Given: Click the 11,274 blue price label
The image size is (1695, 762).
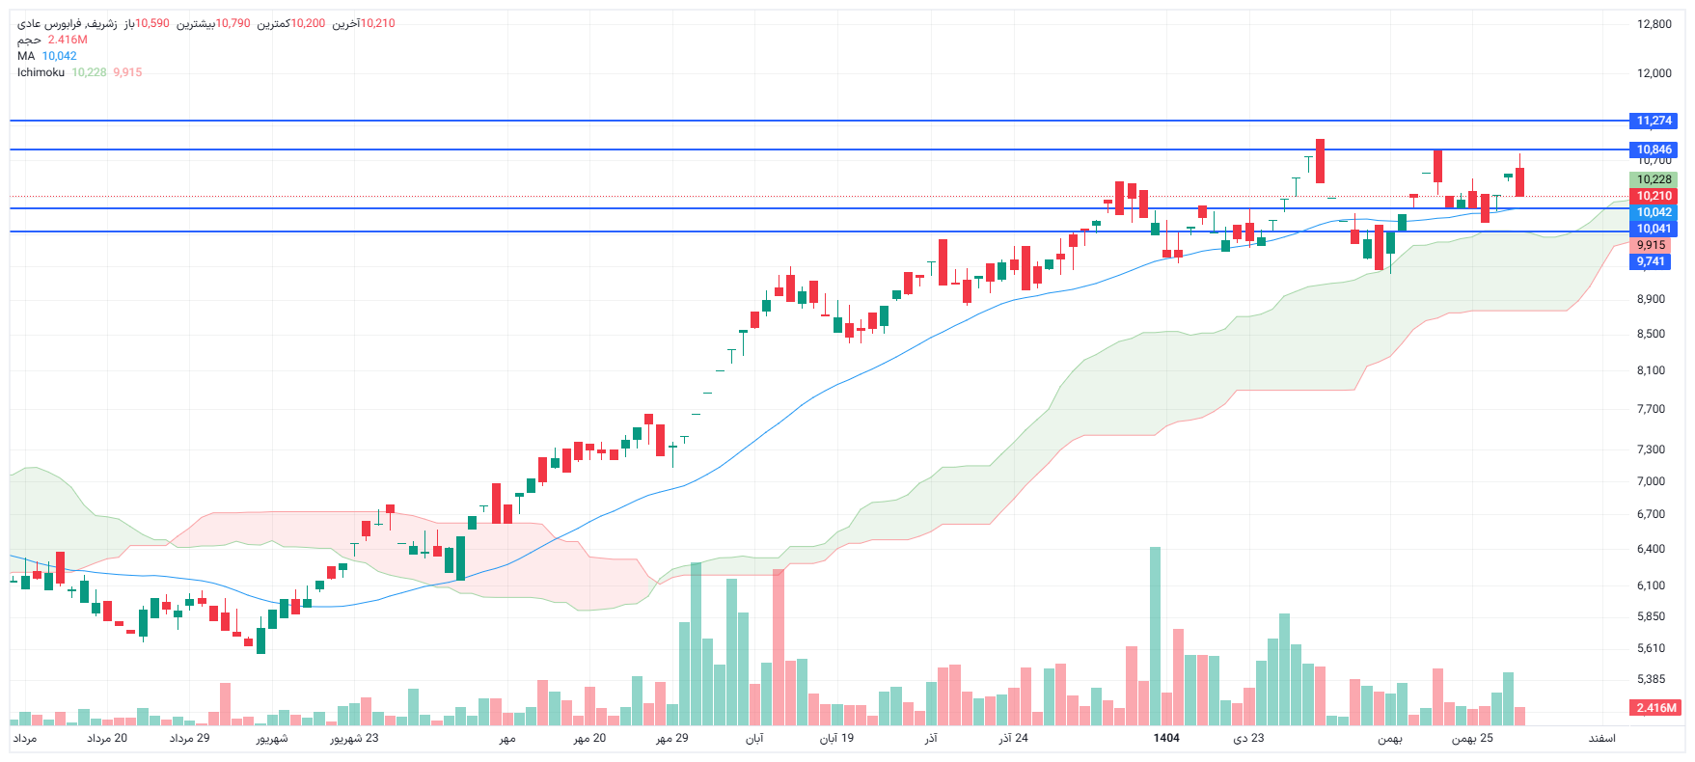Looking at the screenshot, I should pos(1654,121).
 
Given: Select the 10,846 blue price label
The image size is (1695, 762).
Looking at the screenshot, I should pos(1654,150).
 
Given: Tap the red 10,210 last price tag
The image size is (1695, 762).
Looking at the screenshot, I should pos(1654,196).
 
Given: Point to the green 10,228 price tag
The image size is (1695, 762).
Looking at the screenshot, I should pos(1654,179).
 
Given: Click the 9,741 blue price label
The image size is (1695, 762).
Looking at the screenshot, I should pos(1650,261).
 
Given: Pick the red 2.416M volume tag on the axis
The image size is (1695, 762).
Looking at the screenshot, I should pos(1655,708).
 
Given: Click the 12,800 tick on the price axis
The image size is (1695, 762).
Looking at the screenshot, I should pos(1654,24).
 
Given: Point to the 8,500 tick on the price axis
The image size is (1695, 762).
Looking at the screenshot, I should pos(1651,334).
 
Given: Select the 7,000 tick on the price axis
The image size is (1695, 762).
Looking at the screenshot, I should pos(1651,481).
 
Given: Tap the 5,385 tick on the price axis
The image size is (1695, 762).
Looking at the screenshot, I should pos(1651,679).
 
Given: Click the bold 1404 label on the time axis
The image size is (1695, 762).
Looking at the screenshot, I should pos(1166,738).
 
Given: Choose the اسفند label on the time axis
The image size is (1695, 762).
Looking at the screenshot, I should pos(1601,738).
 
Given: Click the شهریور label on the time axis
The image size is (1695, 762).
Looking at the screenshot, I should pos(272,739).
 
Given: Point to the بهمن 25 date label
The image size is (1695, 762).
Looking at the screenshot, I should pos(1472,738).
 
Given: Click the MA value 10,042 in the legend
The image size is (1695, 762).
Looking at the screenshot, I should pos(59,56).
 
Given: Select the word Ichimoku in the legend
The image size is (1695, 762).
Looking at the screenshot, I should pos(41,72).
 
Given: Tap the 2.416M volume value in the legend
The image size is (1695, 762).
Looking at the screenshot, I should pos(68,40).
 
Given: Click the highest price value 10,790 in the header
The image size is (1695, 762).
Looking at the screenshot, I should pos(232,23).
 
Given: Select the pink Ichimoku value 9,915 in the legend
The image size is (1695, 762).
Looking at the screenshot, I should pos(127,72).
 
